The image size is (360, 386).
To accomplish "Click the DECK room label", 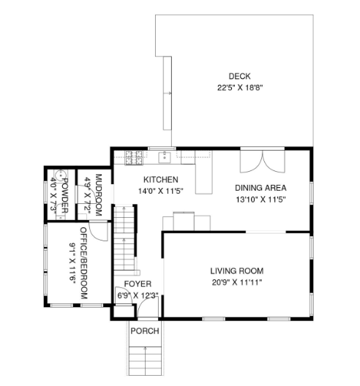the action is (239, 76).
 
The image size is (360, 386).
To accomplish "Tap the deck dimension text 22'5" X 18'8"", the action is (240, 88).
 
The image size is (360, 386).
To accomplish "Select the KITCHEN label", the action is (161, 179).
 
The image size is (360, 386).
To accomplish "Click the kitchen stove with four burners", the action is (134, 158).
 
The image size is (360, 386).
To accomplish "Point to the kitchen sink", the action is (165, 157).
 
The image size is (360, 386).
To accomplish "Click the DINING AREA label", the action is (260, 188).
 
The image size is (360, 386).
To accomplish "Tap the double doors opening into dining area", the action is (263, 162).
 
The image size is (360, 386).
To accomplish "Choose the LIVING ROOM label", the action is (237, 270).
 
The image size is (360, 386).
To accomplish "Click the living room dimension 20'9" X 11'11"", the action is (237, 282).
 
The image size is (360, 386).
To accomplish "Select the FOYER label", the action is (138, 284).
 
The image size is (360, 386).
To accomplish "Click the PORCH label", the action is (145, 331).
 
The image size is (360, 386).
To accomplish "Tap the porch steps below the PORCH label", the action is (146, 360).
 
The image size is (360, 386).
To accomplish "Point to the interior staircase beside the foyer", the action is (124, 238).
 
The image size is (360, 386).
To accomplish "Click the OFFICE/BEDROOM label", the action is (83, 263).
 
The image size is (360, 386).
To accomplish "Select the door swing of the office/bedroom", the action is (98, 232).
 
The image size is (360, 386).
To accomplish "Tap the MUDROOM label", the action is (98, 195).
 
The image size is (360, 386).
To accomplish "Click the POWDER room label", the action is (64, 195).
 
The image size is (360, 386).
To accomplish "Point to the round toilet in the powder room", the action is (59, 175).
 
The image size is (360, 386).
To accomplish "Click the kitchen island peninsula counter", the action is (204, 173).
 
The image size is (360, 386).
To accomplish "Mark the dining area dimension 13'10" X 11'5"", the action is (260, 199).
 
